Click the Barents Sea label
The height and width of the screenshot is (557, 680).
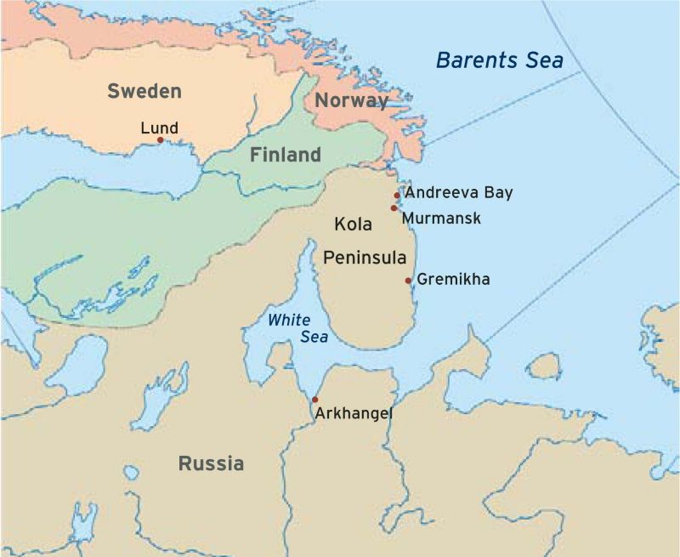[500, 60]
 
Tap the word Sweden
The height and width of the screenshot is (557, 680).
[144, 91]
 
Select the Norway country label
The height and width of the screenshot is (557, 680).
[351, 100]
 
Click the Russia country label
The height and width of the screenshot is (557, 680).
[211, 463]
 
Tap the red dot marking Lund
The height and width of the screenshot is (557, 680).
[160, 140]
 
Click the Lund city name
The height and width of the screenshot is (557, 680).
[159, 128]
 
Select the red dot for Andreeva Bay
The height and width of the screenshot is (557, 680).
[397, 196]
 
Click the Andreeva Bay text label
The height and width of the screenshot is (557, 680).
[459, 193]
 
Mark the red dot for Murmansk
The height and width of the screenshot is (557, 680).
[394, 207]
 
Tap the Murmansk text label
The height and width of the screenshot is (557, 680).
[441, 219]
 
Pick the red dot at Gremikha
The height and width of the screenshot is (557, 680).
[408, 281]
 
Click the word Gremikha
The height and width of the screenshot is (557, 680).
[453, 279]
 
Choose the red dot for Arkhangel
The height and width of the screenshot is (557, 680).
[314, 400]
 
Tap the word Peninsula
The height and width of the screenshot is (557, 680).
[363, 256]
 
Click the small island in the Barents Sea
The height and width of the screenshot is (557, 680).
[544, 367]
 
